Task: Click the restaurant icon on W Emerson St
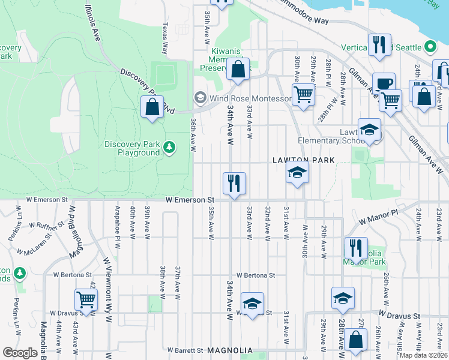(234, 183)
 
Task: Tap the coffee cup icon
(384, 83)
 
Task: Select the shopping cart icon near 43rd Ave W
(86, 299)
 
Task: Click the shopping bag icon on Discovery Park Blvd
(152, 107)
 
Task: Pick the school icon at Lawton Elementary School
(369, 129)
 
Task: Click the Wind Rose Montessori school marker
(199, 97)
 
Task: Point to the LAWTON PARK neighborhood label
(303, 160)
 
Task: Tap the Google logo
(20, 353)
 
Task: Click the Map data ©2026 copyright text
(424, 355)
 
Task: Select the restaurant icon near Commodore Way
(379, 45)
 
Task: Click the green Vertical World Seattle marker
(429, 47)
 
